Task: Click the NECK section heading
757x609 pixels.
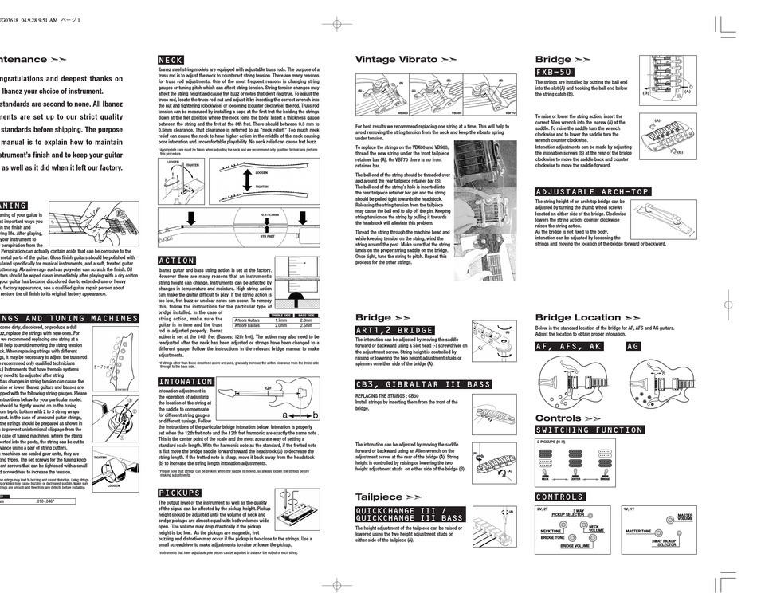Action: click(x=171, y=60)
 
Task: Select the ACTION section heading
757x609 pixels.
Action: click(x=176, y=261)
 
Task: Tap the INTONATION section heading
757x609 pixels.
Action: click(x=185, y=382)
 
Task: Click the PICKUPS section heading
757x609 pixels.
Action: click(x=179, y=493)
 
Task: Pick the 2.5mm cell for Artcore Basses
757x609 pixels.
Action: click(x=306, y=325)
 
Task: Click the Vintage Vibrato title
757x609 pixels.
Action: click(x=396, y=60)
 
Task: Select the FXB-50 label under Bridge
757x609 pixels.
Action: click(x=555, y=72)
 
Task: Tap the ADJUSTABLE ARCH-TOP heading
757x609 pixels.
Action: click(x=592, y=192)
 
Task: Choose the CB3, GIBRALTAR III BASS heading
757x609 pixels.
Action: click(x=423, y=384)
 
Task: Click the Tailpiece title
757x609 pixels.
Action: click(x=379, y=497)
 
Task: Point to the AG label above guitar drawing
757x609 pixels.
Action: click(x=633, y=347)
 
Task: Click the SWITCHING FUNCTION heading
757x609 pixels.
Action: click(x=589, y=430)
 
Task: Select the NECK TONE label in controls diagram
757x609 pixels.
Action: click(x=551, y=531)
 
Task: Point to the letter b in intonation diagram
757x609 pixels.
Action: click(x=315, y=415)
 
